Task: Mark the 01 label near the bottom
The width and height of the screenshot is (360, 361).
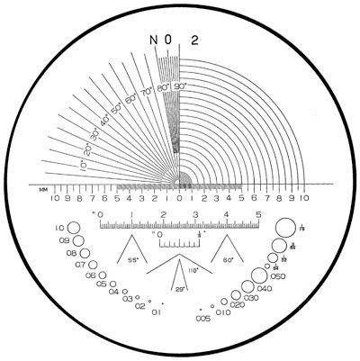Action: pyautogui.click(x=156, y=312)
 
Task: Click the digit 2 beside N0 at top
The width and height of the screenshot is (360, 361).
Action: pyautogui.click(x=194, y=40)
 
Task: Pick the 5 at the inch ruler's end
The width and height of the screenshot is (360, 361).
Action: pyautogui.click(x=259, y=214)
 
